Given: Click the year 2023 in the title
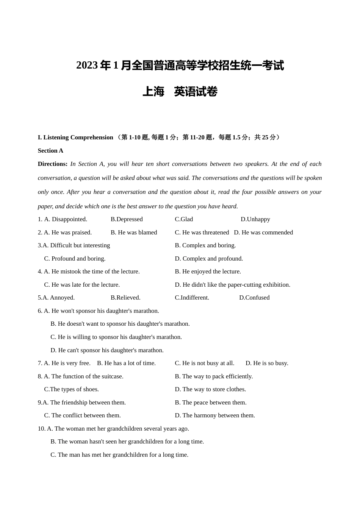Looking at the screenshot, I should point(87,66).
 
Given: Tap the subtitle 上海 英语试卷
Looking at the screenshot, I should point(180,92).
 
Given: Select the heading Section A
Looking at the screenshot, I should point(50,151).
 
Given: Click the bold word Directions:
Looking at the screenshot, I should point(53,164).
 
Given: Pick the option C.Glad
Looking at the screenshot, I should point(184,219).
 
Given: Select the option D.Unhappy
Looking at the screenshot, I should point(255,219).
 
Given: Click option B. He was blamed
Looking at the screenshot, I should point(134,233).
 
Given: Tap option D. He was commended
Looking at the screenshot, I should point(263,233).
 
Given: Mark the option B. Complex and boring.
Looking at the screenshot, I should point(205,245).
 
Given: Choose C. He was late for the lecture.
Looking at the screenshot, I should point(82,285).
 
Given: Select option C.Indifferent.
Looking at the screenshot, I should point(192,298).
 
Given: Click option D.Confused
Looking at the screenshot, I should point(254,298).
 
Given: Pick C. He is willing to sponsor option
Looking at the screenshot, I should point(116,337).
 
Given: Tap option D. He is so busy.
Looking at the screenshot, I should point(267,363).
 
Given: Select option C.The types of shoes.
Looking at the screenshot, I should point(71,389).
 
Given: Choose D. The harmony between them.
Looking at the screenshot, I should point(215,415).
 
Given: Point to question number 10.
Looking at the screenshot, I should point(41,429).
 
